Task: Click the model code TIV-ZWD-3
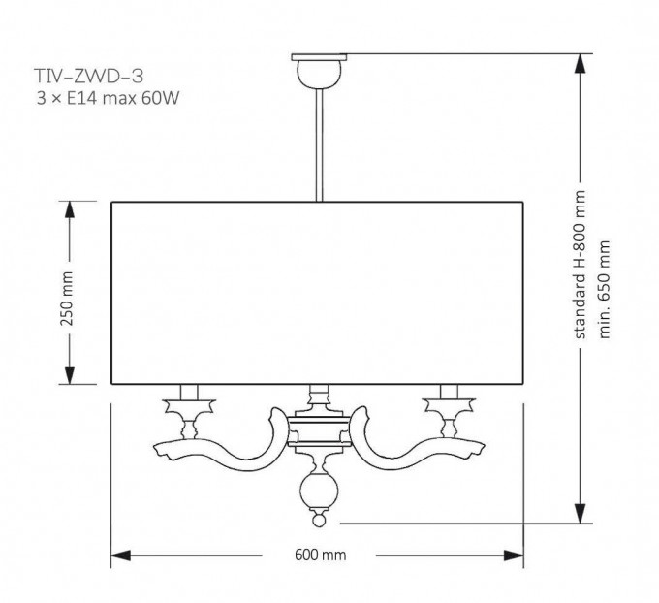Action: [89, 77]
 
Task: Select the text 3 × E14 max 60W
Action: [108, 98]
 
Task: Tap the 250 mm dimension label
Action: [67, 299]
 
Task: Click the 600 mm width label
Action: [320, 555]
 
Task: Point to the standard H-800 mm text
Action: [580, 265]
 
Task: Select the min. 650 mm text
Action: [604, 290]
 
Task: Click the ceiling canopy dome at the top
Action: [319, 74]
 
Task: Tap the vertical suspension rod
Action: [320, 145]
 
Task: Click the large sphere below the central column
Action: [319, 491]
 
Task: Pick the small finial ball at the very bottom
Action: [319, 522]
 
